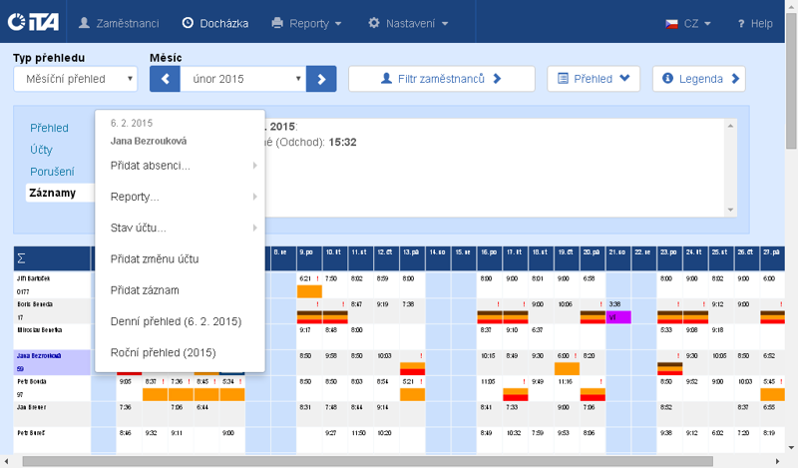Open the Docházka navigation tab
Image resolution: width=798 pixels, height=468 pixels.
point(215,22)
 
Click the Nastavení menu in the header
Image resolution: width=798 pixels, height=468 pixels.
point(408,22)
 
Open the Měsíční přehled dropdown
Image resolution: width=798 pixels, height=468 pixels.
point(76,78)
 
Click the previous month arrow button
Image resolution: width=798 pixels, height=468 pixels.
point(165,78)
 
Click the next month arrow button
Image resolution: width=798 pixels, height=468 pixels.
point(321,78)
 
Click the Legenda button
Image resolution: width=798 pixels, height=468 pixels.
point(698,78)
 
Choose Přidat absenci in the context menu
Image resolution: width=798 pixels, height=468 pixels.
point(151,165)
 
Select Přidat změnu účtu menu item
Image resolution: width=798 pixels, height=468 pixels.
point(155,258)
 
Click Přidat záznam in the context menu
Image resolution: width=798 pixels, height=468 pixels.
point(145,289)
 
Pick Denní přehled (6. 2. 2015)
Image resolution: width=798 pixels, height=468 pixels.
point(176,321)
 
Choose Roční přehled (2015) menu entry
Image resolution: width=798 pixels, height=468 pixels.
point(164,352)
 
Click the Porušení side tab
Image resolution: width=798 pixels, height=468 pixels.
point(51,172)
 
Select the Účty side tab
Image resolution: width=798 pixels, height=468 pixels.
point(41,150)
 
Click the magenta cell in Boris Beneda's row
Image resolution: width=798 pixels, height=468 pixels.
point(617,316)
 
